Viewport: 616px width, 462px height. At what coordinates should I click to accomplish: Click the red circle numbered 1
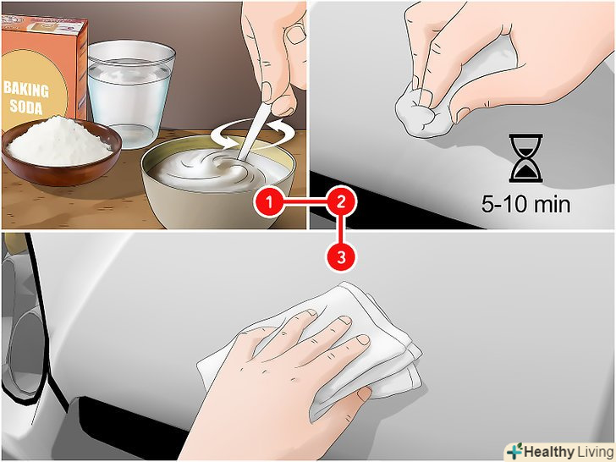tap(269, 202)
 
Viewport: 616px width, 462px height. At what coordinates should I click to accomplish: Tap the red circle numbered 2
tap(341, 202)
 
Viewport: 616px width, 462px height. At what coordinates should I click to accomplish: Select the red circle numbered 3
tap(341, 257)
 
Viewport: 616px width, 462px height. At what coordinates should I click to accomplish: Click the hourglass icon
tap(525, 157)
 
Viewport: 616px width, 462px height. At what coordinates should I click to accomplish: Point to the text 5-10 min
tap(525, 204)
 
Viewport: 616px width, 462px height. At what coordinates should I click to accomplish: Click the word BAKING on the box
tap(26, 90)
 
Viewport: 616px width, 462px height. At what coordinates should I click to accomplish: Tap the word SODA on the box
tap(26, 106)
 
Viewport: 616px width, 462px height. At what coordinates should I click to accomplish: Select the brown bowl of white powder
tap(61, 149)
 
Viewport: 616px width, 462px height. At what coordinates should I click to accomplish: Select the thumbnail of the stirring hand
tap(295, 35)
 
